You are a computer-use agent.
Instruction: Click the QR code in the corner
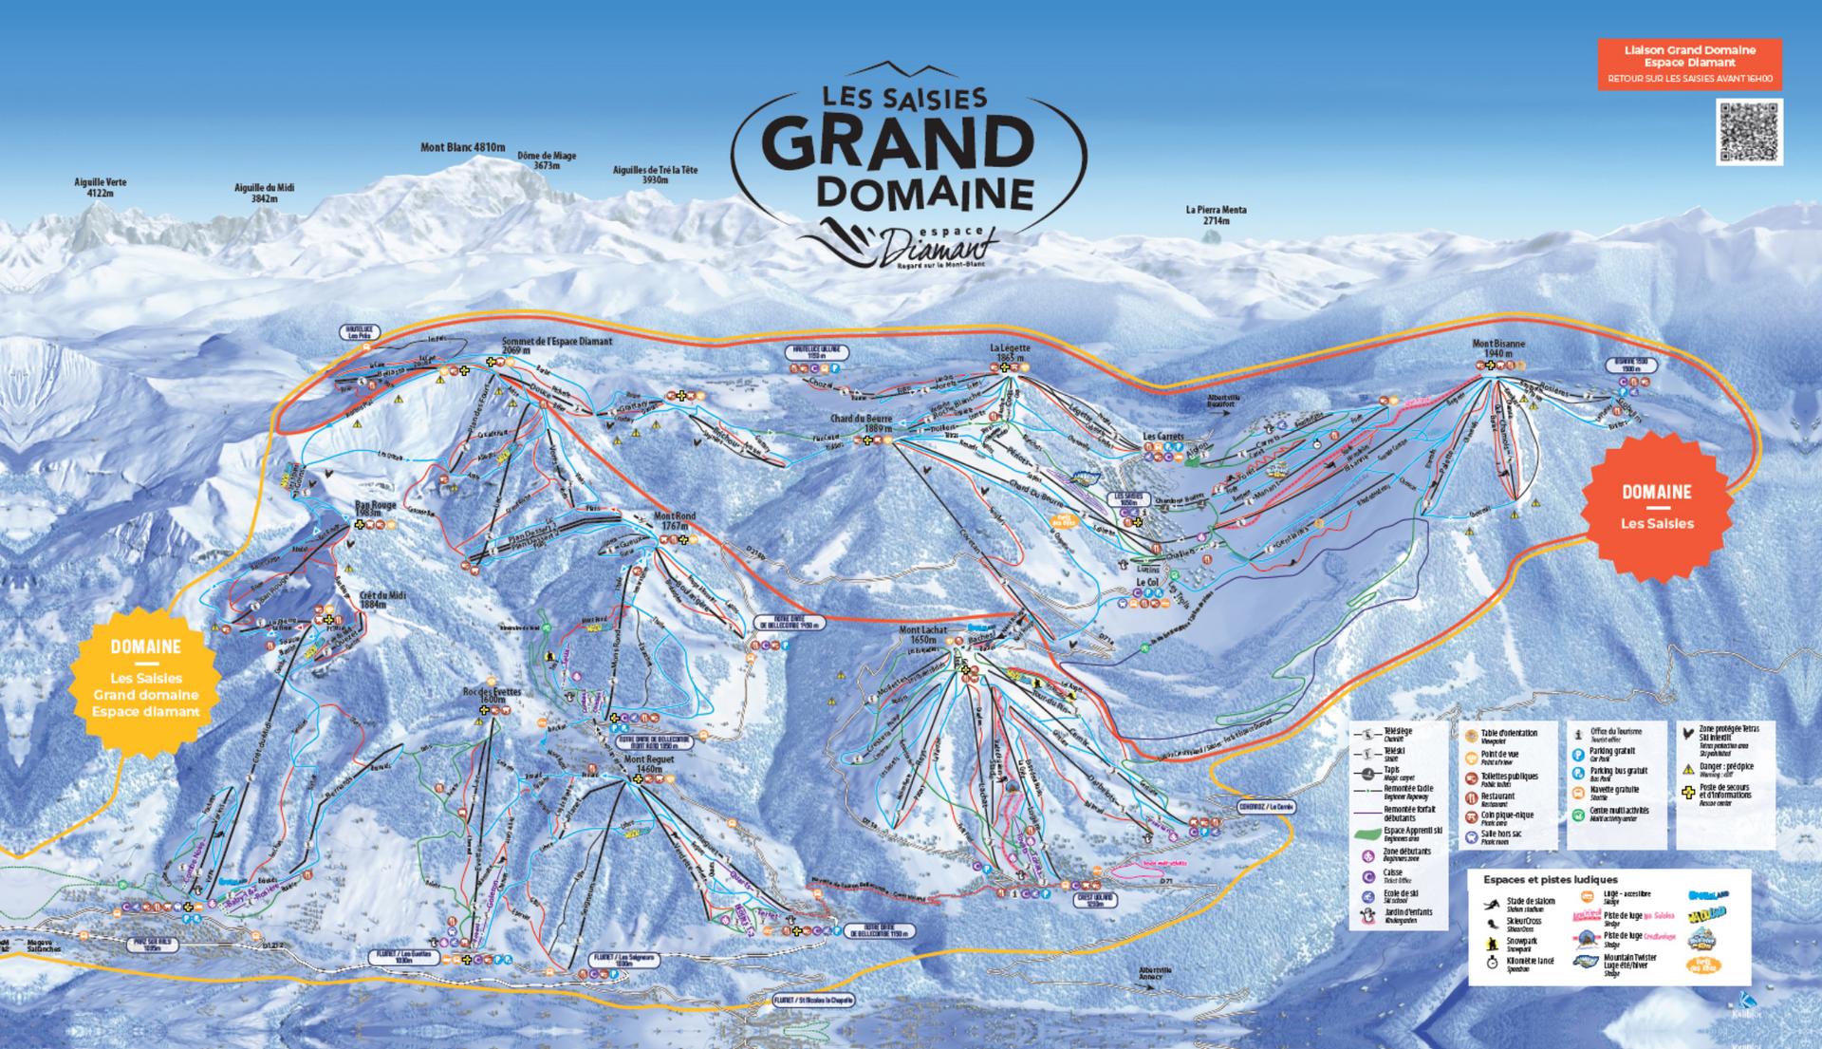[x=1749, y=131]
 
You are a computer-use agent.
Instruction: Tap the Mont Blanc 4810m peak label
[x=462, y=147]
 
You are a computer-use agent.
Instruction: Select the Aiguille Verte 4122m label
[x=100, y=187]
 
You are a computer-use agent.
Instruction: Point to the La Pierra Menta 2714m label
[x=1216, y=215]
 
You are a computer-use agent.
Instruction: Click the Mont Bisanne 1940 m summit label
[x=1497, y=347]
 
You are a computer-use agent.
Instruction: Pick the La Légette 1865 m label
[x=1010, y=353]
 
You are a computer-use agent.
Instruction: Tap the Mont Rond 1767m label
[x=675, y=520]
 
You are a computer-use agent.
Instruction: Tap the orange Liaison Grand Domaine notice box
[x=1689, y=65]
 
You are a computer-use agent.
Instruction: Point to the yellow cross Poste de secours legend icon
[x=1687, y=793]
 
